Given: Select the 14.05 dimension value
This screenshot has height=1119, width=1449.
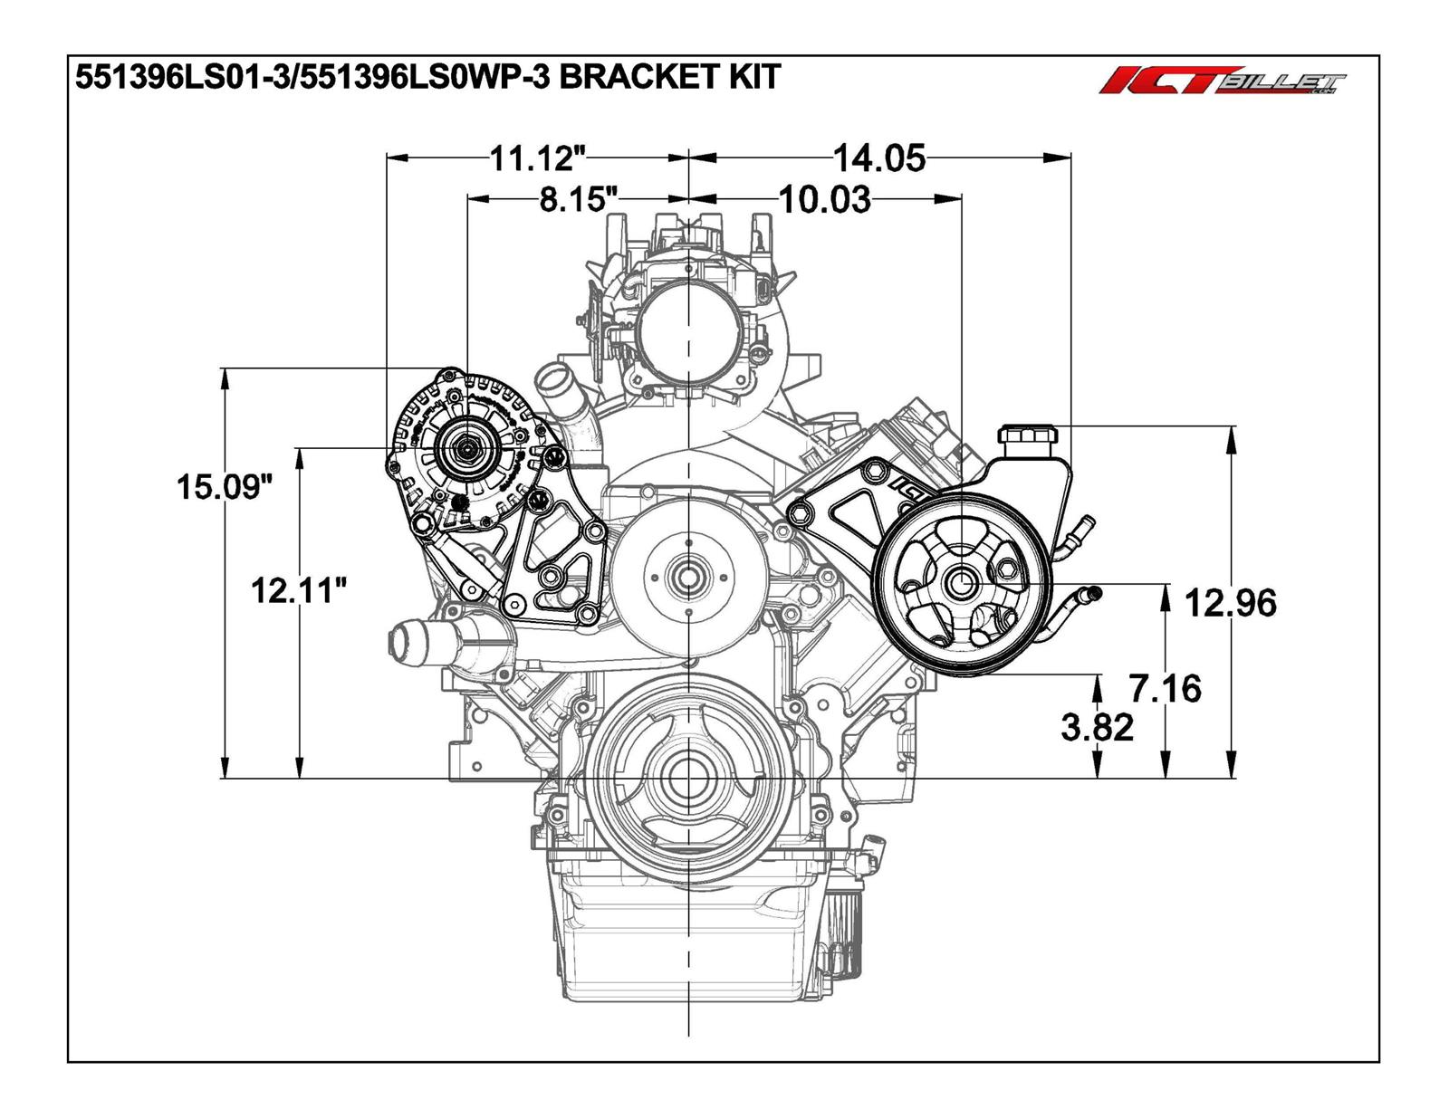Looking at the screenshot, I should pos(878,158).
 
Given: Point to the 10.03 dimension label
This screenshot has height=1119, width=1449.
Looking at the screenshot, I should pos(824,199).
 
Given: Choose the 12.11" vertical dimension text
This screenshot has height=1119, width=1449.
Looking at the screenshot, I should pos(299,591).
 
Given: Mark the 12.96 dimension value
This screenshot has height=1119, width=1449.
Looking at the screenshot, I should pos(1231,602).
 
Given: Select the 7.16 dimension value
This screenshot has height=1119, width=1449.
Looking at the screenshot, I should pos(1166,688).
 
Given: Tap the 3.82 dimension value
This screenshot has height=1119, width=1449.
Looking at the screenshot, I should pos(1097,726).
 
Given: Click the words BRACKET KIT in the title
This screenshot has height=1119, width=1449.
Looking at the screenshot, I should pos(670,77).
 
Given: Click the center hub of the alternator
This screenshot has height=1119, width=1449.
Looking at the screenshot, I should pos(466,447).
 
